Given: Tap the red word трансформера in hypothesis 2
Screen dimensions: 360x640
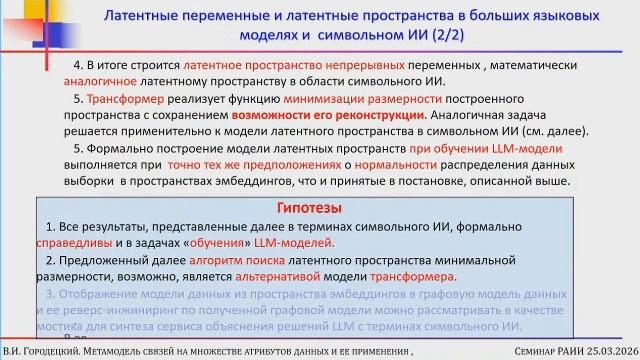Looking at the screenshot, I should tap(413, 276).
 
